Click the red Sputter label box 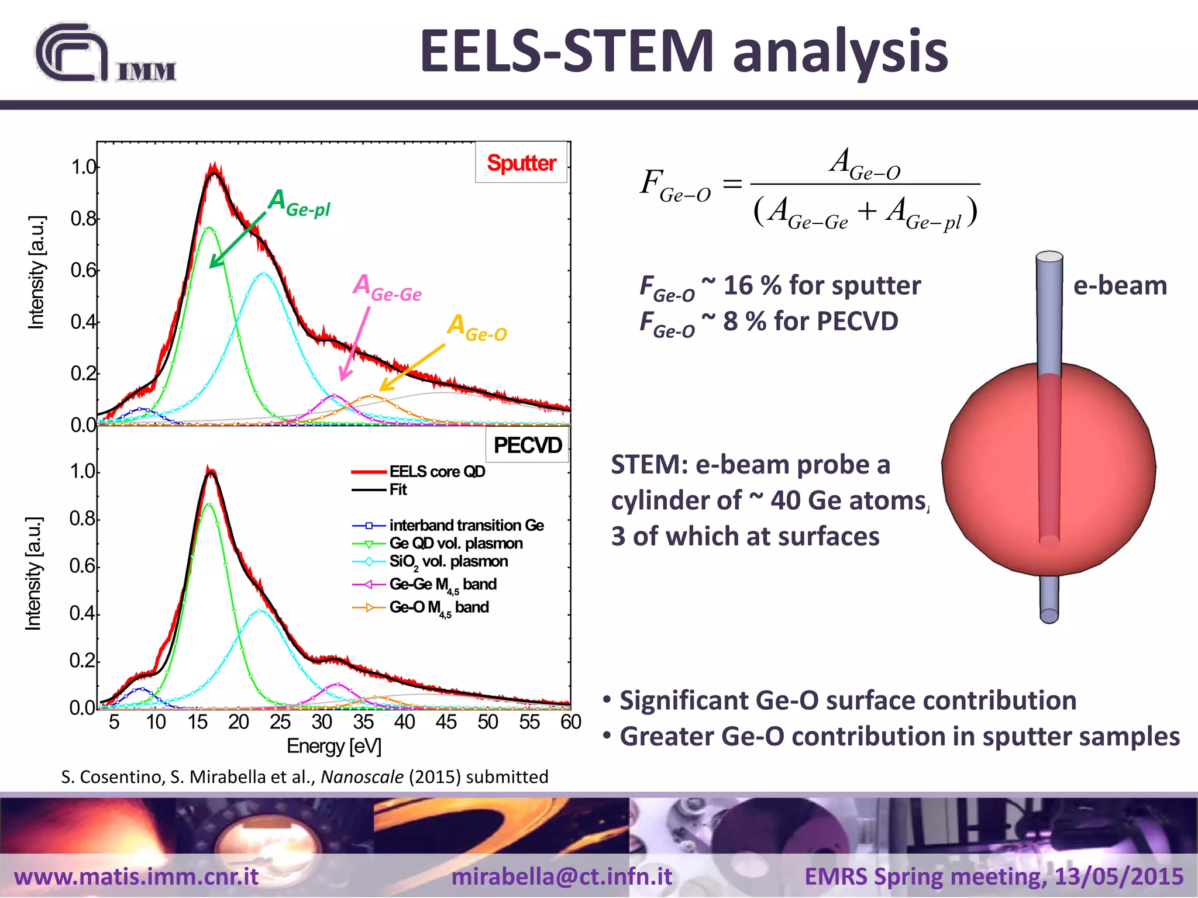[x=521, y=163]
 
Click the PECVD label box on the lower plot [x=528, y=445]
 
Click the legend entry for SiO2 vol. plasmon [x=448, y=562]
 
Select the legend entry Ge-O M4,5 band [x=439, y=607]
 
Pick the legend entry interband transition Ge [x=466, y=525]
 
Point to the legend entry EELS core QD [x=437, y=471]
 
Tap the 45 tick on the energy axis [x=446, y=722]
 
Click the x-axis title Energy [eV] [x=333, y=747]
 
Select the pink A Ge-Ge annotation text [x=387, y=288]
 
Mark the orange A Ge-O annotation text [x=477, y=327]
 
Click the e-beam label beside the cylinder [x=1120, y=285]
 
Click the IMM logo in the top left [x=105, y=54]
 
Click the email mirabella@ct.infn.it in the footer [x=562, y=876]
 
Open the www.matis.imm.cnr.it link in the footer [x=136, y=876]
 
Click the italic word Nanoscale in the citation [x=362, y=777]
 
